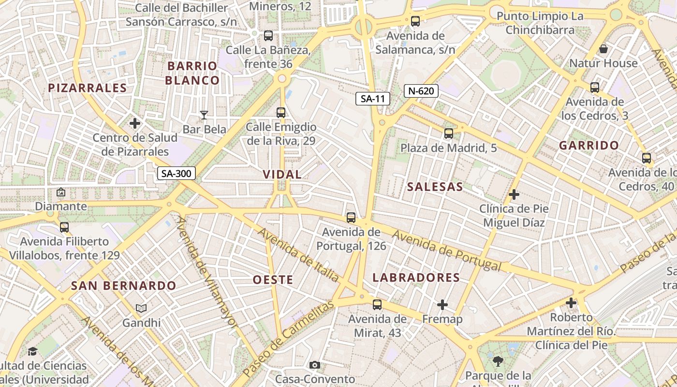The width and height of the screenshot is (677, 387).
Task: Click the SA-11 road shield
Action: [x=373, y=99]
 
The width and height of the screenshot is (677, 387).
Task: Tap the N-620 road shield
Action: [x=421, y=90]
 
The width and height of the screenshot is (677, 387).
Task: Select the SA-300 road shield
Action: [x=177, y=173]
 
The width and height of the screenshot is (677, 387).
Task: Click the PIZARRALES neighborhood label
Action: [x=88, y=88]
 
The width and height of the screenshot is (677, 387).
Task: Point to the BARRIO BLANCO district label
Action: [x=192, y=73]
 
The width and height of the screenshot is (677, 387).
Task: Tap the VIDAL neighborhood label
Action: [x=282, y=175]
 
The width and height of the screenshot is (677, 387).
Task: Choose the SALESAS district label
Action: [x=435, y=187]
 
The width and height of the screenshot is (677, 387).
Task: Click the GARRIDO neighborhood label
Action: [x=589, y=146]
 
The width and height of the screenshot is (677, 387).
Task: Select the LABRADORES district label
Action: [x=416, y=278]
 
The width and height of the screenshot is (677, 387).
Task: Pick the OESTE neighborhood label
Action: [x=273, y=280]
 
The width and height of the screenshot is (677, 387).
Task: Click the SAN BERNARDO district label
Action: [x=124, y=286]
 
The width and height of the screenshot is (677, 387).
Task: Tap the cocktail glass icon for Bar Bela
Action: [x=204, y=115]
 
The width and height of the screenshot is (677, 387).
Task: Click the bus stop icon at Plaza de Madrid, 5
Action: [x=449, y=134]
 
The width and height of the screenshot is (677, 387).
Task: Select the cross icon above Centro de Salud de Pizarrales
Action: [x=135, y=123]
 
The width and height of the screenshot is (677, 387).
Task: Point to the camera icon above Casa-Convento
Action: [x=315, y=365]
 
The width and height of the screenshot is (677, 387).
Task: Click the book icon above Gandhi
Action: [x=141, y=308]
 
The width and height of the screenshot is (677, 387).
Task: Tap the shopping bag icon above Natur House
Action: [x=603, y=49]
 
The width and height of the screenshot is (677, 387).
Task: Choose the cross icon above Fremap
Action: [x=442, y=305]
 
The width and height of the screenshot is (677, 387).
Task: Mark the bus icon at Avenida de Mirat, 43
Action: [x=377, y=305]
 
